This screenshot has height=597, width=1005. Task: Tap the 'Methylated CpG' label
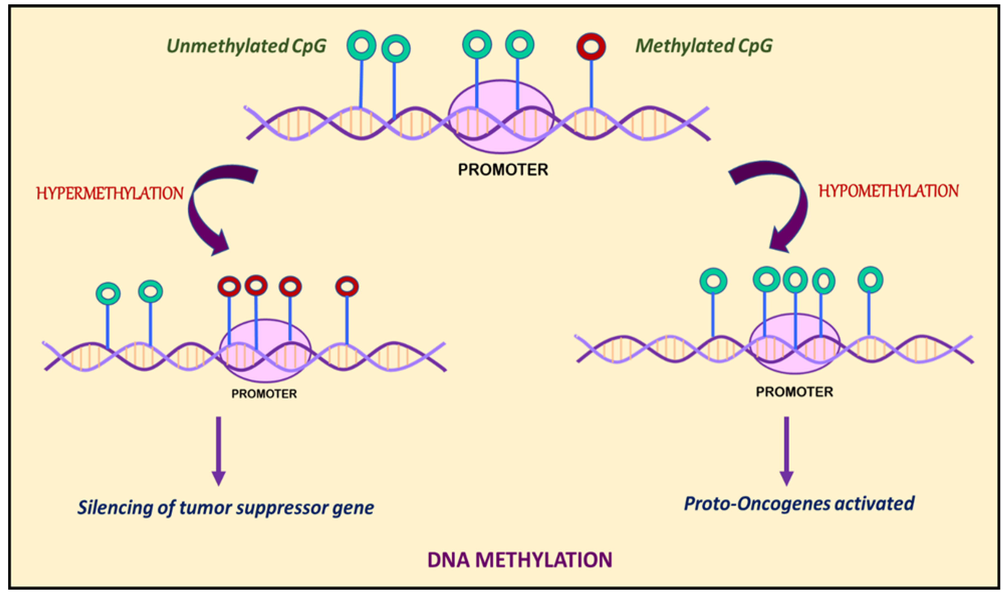tap(704, 45)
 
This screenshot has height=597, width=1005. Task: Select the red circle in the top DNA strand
tap(591, 47)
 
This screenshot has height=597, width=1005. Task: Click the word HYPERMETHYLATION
tap(110, 193)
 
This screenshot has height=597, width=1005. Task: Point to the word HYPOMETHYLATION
tap(888, 191)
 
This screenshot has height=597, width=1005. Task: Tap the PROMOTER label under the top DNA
tap(503, 170)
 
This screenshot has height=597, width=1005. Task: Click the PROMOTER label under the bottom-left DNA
tap(264, 394)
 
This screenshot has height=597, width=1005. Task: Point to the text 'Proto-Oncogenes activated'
tap(799, 504)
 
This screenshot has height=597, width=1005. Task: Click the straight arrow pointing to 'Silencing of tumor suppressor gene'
tap(219, 451)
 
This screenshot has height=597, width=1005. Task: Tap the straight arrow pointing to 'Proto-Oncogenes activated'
tap(786, 451)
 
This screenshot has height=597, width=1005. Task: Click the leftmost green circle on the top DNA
tap(361, 45)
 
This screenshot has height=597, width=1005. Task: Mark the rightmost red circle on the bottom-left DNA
tap(347, 287)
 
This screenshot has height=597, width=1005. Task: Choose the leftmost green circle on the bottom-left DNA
tap(108, 294)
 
